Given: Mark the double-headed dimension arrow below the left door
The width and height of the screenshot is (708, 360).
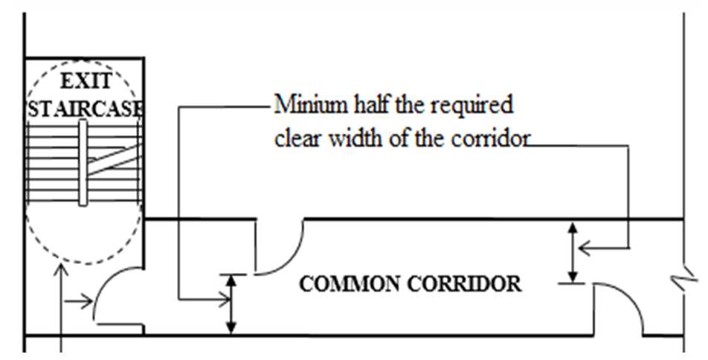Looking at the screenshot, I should click(x=232, y=303).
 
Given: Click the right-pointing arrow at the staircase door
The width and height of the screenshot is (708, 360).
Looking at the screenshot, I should click(x=82, y=303).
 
